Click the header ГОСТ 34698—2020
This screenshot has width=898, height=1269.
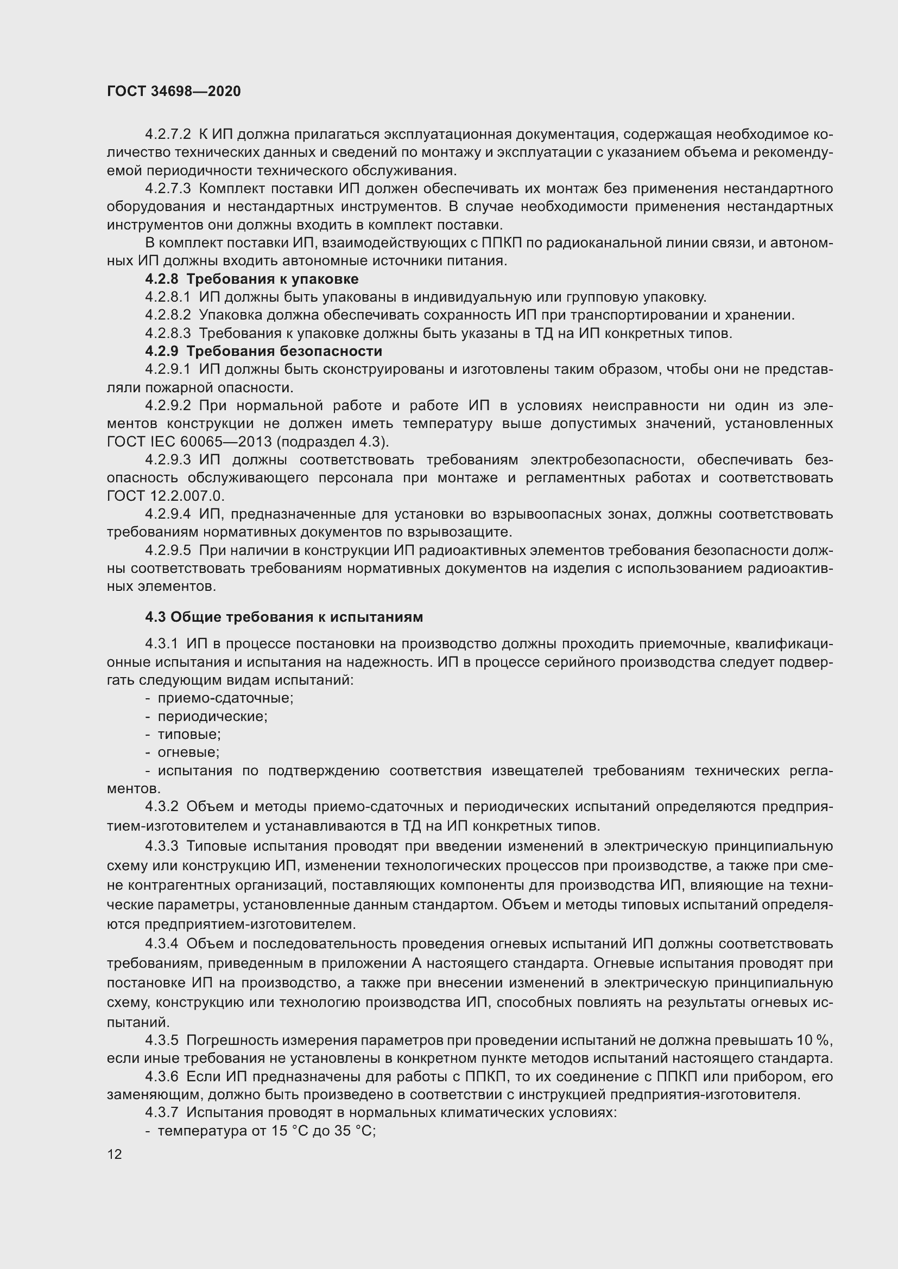[174, 91]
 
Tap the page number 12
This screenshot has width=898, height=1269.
[115, 1154]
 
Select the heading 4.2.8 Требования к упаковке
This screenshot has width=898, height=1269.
[251, 278]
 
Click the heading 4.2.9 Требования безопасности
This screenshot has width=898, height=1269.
[263, 351]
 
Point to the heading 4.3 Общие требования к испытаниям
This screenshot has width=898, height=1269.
[283, 617]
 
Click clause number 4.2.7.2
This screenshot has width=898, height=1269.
[168, 135]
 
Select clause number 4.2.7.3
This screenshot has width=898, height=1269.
[168, 188]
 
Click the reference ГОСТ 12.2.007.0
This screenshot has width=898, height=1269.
[166, 496]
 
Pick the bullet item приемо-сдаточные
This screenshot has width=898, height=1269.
[225, 698]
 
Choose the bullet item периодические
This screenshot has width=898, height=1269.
[212, 716]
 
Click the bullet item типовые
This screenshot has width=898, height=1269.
[189, 735]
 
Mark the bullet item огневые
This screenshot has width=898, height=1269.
[188, 752]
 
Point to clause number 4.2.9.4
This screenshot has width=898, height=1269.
[168, 514]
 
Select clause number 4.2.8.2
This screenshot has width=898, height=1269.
[168, 315]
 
